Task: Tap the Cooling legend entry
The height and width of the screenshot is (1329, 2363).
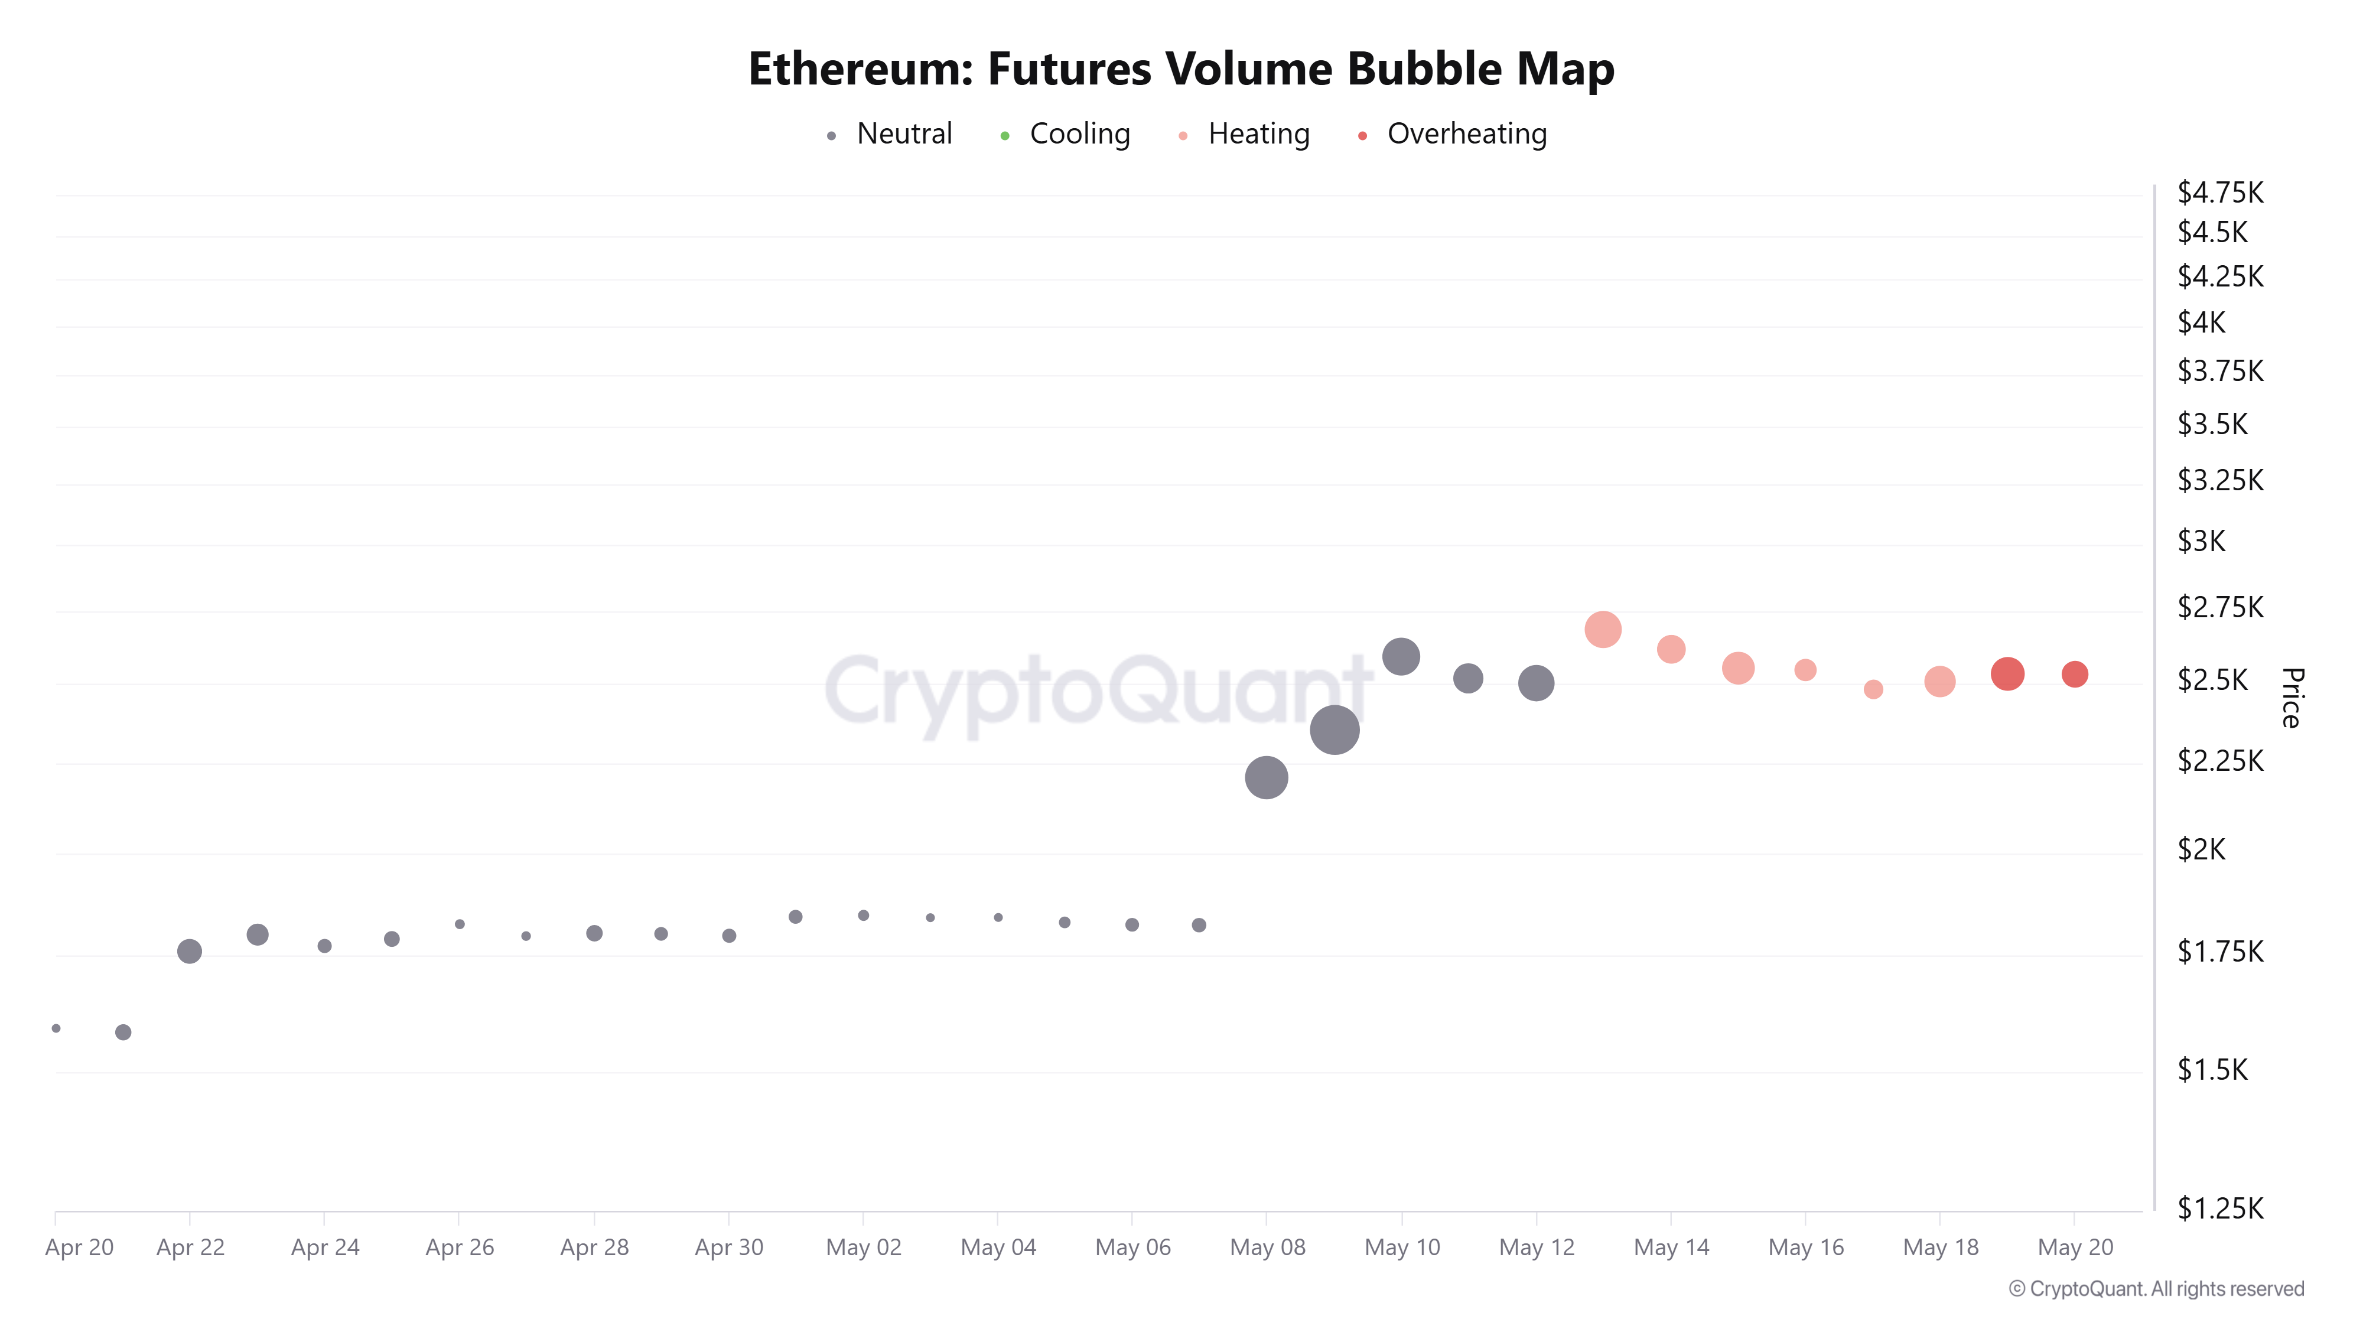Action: click(1079, 134)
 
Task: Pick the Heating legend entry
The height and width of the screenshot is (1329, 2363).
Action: click(1258, 134)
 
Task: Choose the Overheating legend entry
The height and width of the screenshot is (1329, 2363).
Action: click(1466, 134)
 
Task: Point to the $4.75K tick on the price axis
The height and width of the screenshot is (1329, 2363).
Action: click(2220, 193)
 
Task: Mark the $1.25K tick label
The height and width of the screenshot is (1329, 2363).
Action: click(2220, 1208)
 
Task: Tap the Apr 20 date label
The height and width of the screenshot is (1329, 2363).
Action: click(79, 1247)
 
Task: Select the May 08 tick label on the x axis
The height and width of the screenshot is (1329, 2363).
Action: click(1267, 1247)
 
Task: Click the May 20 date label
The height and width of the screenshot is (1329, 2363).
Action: click(2075, 1247)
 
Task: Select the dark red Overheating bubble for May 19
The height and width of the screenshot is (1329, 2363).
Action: click(2007, 674)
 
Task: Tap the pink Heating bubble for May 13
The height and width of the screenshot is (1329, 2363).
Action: click(1603, 629)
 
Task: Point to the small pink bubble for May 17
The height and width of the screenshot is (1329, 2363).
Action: click(1873, 689)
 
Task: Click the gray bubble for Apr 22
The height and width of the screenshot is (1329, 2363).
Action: click(189, 951)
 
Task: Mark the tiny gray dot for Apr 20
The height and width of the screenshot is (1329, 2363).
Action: click(56, 1028)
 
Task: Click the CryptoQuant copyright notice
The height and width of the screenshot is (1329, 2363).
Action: click(2156, 1289)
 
